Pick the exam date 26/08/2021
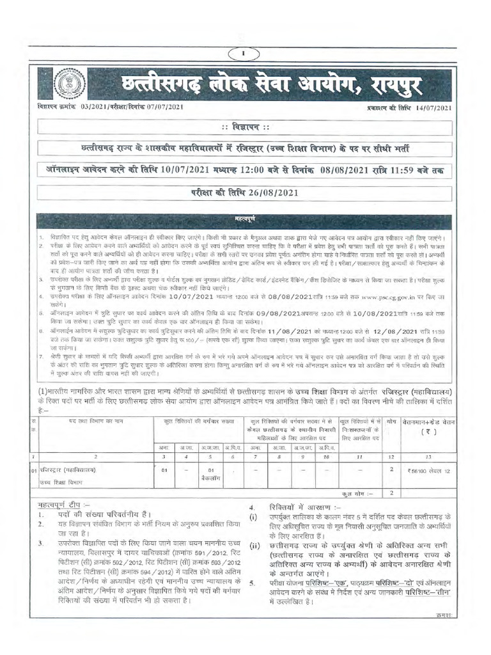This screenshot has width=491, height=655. click(x=271, y=193)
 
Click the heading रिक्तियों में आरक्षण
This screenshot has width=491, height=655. click(x=288, y=505)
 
